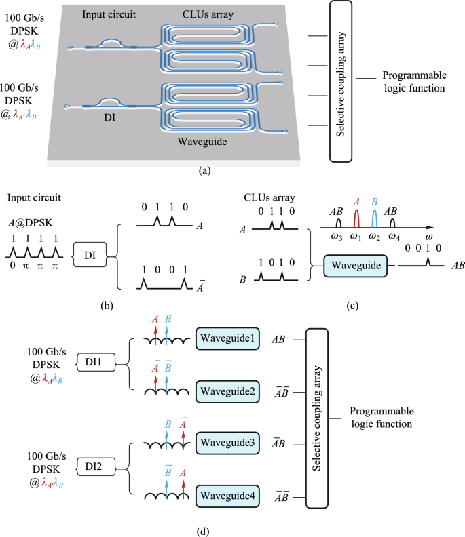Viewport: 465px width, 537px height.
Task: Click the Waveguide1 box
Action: [x=227, y=338]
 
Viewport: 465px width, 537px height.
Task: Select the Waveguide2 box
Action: [x=227, y=391]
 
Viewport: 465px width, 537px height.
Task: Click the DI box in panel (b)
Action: [x=90, y=254]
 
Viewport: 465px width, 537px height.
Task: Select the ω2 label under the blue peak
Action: [x=374, y=235]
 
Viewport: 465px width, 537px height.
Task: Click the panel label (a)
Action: [x=204, y=172]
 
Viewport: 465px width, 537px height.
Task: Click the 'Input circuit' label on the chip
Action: [x=109, y=14]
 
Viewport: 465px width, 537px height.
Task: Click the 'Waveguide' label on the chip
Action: [x=199, y=141]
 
